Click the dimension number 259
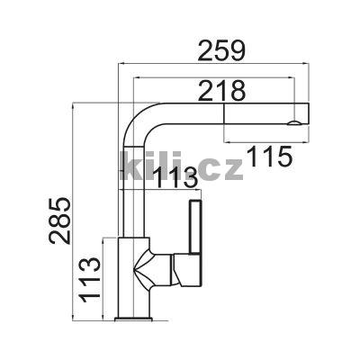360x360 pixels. (x=222, y=51)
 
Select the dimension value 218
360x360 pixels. (x=222, y=90)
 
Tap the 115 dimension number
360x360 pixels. (x=269, y=157)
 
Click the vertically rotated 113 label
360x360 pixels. (x=89, y=280)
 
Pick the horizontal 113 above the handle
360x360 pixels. (x=175, y=178)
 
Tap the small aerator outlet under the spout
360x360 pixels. (x=294, y=122)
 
